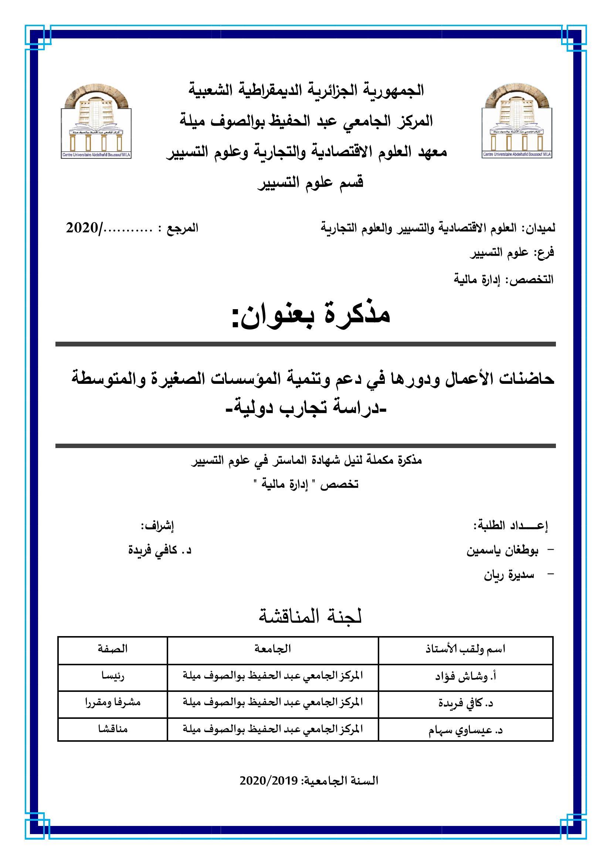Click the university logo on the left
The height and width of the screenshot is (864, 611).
(x=96, y=121)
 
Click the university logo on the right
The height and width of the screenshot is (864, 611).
(x=517, y=121)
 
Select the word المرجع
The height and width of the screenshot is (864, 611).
(x=183, y=228)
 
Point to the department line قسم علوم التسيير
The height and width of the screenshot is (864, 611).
(x=310, y=183)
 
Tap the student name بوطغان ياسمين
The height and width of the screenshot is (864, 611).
(x=503, y=551)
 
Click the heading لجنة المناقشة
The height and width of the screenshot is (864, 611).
(x=310, y=617)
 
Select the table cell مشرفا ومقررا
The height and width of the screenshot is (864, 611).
(x=113, y=703)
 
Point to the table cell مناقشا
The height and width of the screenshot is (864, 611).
(x=113, y=729)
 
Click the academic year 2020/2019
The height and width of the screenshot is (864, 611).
(x=309, y=781)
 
